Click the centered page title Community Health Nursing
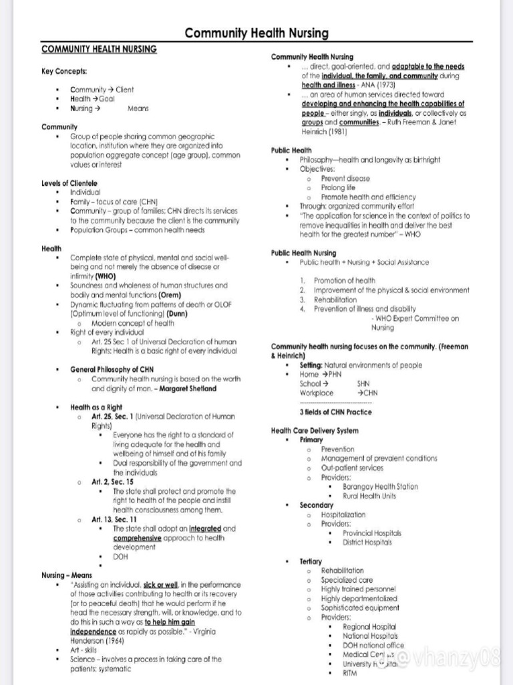coord(256,33)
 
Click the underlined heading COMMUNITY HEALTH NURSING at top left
coord(99,50)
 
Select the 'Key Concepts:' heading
coord(63,71)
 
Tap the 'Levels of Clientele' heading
coord(69,183)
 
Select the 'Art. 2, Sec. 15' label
coord(112,482)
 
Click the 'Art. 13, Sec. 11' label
coord(114,519)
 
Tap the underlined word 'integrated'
coord(205,528)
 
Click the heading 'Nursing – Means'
coord(67,575)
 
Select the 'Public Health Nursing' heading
coord(303,253)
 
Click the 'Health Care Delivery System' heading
coord(315,430)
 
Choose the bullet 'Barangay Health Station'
coord(380,487)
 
